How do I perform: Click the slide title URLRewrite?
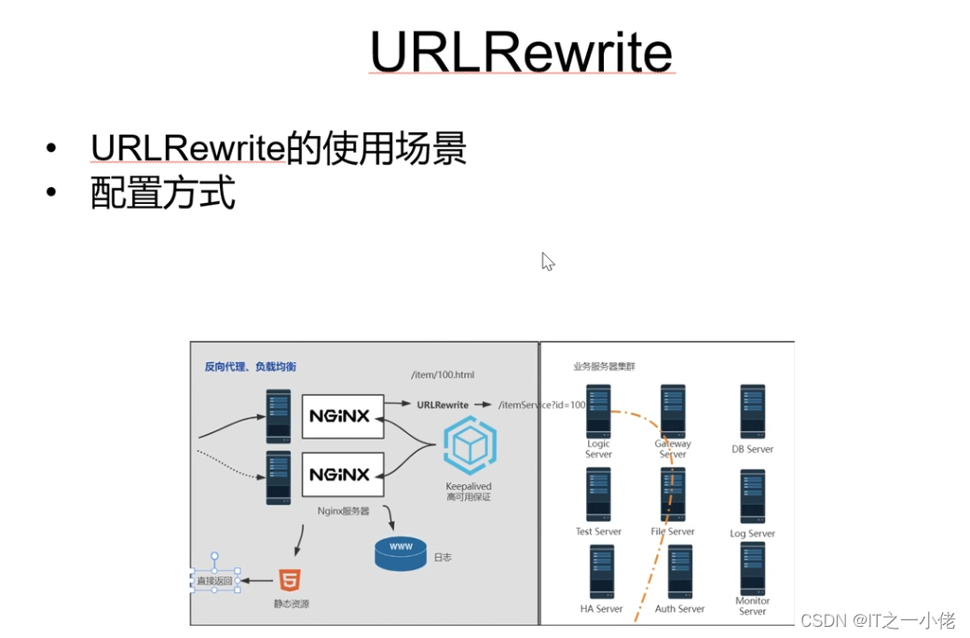point(521,52)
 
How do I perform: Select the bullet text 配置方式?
point(163,193)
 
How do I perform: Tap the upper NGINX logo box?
point(343,416)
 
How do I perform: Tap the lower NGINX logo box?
point(343,474)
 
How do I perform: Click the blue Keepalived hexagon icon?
point(469,446)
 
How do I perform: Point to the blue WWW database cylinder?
point(401,553)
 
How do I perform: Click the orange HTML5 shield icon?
point(290,582)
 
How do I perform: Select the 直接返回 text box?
point(214,581)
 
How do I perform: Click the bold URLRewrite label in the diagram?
point(443,405)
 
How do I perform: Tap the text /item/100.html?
point(443,374)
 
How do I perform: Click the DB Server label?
point(752,449)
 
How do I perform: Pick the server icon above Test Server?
point(598,495)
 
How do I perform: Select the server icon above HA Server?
point(602,572)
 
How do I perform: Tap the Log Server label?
point(752,534)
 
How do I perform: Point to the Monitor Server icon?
point(753,567)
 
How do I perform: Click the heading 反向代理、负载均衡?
point(251,367)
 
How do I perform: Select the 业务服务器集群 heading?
point(604,367)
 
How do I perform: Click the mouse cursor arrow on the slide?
point(547,262)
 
